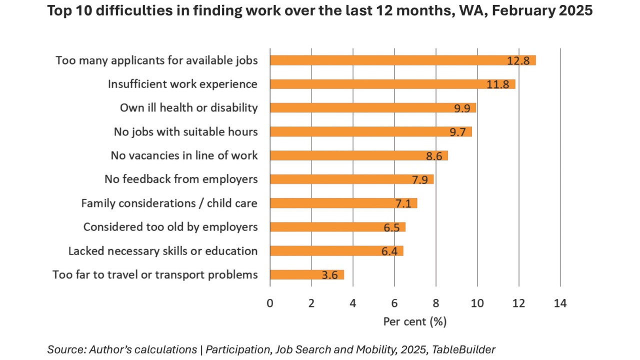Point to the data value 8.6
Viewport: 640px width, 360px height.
(434, 155)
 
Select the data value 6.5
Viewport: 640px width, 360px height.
(391, 227)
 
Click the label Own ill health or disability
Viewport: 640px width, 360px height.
(188, 107)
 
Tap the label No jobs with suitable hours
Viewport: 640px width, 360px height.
(185, 131)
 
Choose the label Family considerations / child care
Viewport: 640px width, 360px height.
(169, 203)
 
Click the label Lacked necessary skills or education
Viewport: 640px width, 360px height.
(163, 251)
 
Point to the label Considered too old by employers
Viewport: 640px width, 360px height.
(170, 227)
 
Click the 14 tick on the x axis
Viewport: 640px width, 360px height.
(560, 303)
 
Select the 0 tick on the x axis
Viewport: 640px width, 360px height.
(270, 303)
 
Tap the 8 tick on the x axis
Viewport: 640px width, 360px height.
(436, 303)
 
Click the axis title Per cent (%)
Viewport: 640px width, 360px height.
(414, 321)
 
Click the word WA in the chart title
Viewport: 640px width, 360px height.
(467, 11)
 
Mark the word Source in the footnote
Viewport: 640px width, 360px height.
(62, 349)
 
